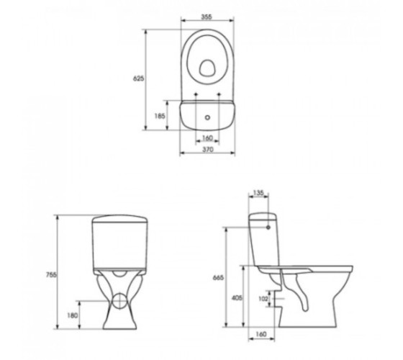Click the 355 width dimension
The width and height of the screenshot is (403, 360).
207,17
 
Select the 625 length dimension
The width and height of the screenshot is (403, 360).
138,78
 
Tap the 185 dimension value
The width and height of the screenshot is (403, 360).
160,116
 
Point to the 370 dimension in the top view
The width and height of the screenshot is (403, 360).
208,150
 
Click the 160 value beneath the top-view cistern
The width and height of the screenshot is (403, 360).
207,138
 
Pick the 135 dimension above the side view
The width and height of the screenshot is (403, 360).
258,193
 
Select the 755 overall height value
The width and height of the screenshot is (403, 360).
51,274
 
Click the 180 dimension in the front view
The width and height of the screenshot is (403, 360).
73,315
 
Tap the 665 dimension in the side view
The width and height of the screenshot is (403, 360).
218,278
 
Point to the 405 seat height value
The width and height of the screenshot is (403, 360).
237,298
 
